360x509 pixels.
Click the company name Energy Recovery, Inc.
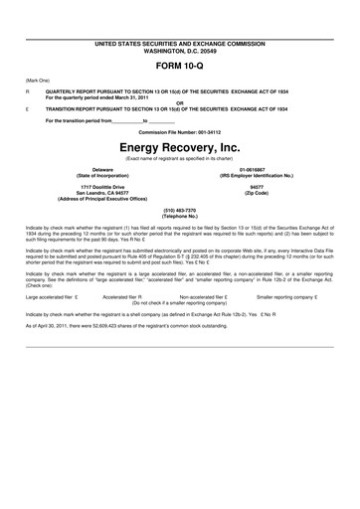180,145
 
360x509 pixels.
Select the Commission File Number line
180,131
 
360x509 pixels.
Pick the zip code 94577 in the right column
258,187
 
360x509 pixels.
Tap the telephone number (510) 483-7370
180,210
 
